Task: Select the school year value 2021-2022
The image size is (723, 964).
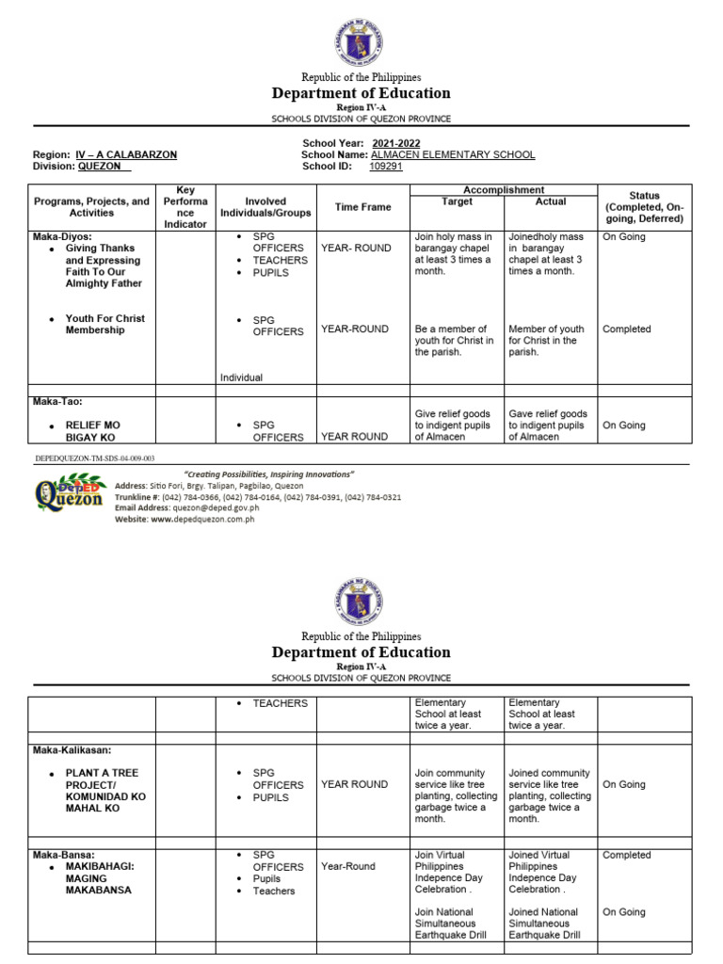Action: click(396, 143)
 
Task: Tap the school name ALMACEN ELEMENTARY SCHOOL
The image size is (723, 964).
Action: click(441, 154)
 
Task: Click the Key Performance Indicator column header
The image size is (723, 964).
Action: click(185, 207)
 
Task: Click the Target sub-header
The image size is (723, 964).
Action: click(457, 201)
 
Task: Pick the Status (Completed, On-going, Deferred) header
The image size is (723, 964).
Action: click(645, 207)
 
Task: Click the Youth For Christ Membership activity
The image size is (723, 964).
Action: click(104, 325)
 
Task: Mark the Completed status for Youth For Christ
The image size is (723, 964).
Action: click(626, 329)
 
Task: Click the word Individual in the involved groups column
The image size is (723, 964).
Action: click(241, 378)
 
